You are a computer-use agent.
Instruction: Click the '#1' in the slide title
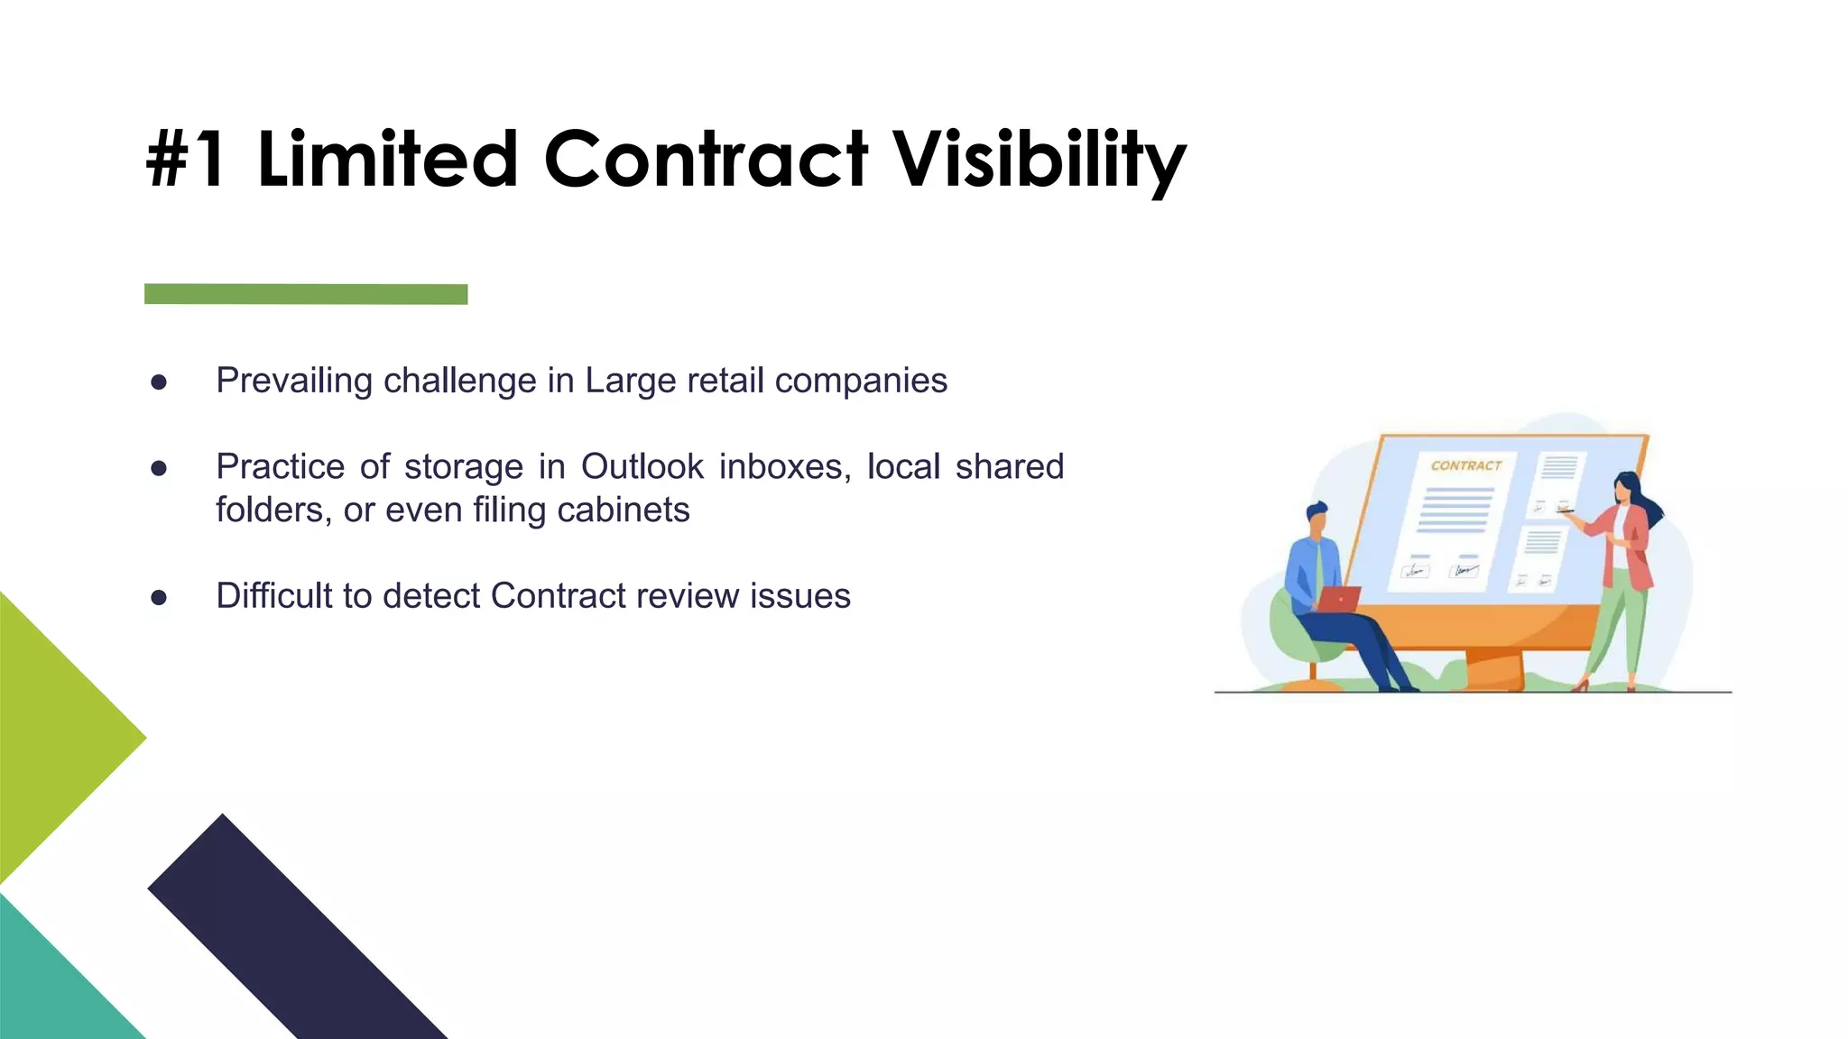pyautogui.click(x=185, y=160)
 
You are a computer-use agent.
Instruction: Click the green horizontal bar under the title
pyautogui.click(x=306, y=294)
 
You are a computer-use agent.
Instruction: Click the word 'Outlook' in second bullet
pyautogui.click(x=642, y=467)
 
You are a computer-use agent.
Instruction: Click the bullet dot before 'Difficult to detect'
pyautogui.click(x=159, y=597)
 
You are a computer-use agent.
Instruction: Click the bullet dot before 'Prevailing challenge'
pyautogui.click(x=159, y=382)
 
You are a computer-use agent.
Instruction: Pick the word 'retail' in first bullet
pyautogui.click(x=726, y=381)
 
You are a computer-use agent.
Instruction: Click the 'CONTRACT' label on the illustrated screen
pyautogui.click(x=1465, y=465)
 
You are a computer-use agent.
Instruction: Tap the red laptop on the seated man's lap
pyautogui.click(x=1339, y=599)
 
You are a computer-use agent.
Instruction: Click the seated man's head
pyautogui.click(x=1317, y=520)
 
